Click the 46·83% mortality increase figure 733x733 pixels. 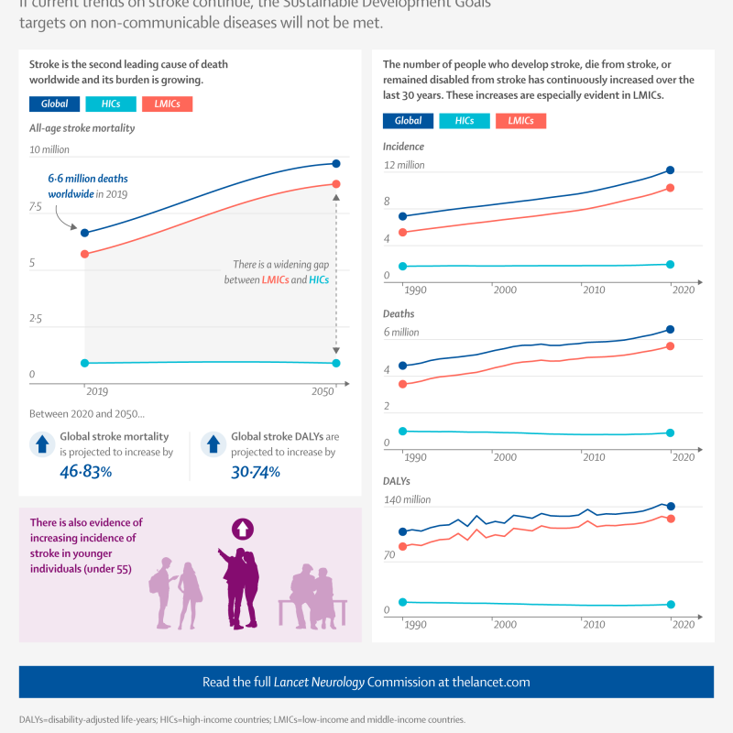pos(85,472)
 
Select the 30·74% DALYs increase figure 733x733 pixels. pos(256,472)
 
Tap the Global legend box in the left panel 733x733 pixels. pos(54,105)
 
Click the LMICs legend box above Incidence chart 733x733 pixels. pos(520,121)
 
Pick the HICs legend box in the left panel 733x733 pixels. pos(111,105)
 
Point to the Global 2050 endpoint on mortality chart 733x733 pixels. pos(336,163)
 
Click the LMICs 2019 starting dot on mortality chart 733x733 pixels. pos(85,254)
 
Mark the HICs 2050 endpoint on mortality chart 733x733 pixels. pos(336,363)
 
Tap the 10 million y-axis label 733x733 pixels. pos(49,149)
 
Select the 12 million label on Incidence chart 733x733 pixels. pos(404,165)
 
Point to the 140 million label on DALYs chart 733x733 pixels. pos(407,499)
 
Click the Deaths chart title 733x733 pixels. pos(399,313)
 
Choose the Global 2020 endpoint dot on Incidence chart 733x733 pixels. pos(670,170)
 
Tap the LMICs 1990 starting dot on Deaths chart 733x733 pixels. pos(402,384)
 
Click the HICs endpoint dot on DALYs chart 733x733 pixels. pos(670,605)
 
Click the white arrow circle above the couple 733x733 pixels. pos(243,529)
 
